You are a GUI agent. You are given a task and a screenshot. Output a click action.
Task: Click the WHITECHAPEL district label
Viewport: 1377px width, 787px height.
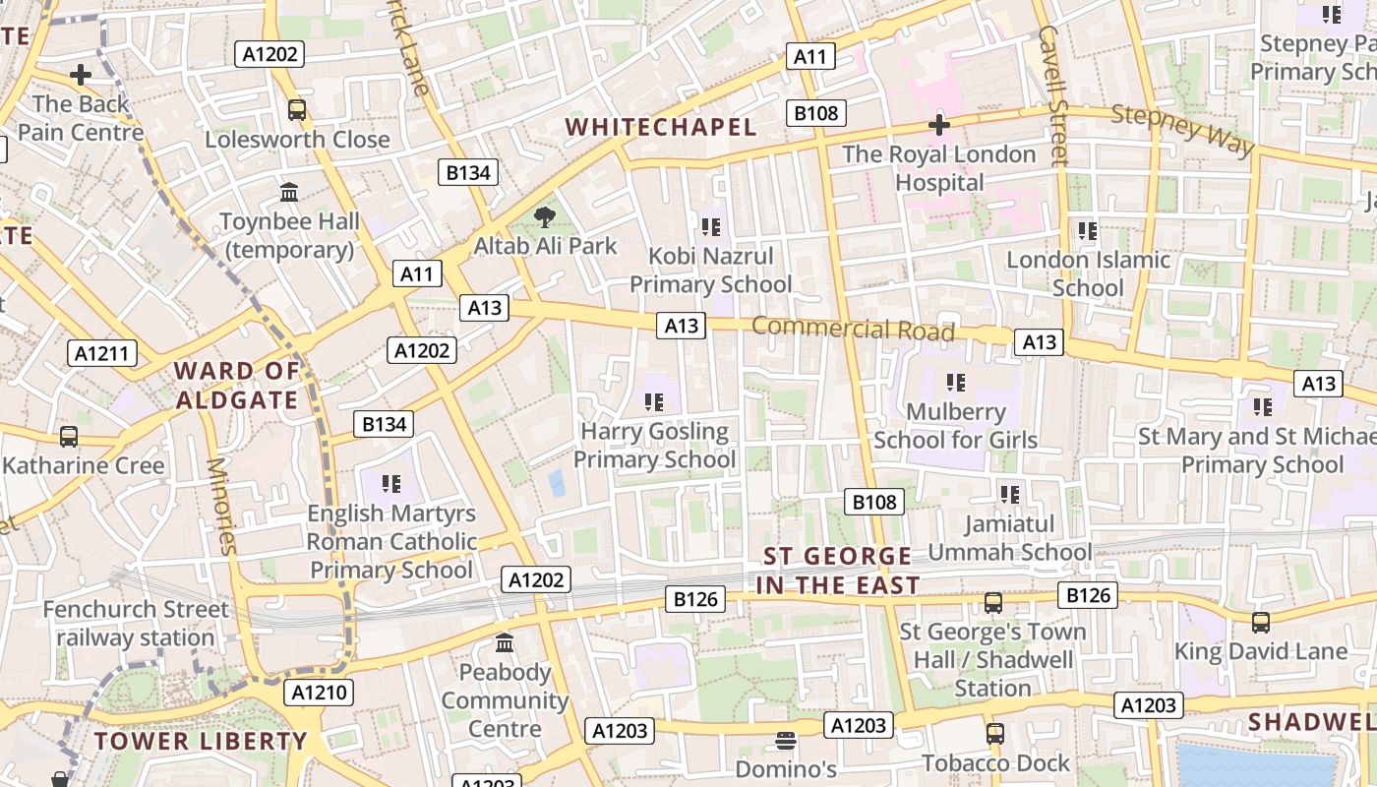[x=661, y=127]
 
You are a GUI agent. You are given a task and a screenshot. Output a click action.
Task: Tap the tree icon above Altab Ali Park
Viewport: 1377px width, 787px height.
[x=544, y=217]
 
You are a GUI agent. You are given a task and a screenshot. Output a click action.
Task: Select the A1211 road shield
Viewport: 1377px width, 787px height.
[x=102, y=353]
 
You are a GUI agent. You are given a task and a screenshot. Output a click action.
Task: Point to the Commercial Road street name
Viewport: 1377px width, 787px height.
[x=854, y=329]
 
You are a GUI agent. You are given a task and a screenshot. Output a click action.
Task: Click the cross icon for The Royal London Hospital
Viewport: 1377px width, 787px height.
[x=939, y=125]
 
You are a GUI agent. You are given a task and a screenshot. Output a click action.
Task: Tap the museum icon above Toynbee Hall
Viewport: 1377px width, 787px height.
[x=289, y=192]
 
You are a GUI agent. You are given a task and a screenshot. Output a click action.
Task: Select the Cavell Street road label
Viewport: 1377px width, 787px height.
[x=1052, y=94]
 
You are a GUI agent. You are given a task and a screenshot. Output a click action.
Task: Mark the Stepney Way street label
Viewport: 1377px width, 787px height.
[x=1183, y=129]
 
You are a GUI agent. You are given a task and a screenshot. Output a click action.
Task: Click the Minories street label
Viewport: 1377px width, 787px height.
[x=221, y=506]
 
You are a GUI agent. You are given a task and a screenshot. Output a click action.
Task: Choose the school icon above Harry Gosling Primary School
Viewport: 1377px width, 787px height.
[x=654, y=402]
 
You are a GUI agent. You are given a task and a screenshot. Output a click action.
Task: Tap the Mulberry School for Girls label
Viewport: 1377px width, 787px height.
[x=955, y=425]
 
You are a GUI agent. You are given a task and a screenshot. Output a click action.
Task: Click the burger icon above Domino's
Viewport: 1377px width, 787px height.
[x=785, y=739]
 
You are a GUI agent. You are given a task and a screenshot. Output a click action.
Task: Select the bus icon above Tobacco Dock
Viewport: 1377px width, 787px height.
[x=995, y=734]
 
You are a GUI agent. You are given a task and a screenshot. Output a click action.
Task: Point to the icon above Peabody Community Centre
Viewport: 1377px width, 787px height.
[x=505, y=643]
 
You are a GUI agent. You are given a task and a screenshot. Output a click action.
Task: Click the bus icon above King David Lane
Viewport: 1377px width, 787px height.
[x=1261, y=622]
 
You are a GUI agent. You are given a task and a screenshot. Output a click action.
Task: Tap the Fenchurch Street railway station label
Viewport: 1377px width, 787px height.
[x=135, y=624]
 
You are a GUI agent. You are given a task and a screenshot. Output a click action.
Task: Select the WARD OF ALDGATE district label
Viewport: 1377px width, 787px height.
[x=236, y=386]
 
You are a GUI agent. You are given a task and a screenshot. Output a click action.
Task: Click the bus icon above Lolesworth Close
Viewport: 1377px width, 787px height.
[x=297, y=110]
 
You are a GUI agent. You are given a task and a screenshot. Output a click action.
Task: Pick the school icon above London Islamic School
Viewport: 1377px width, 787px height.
[x=1087, y=231]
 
